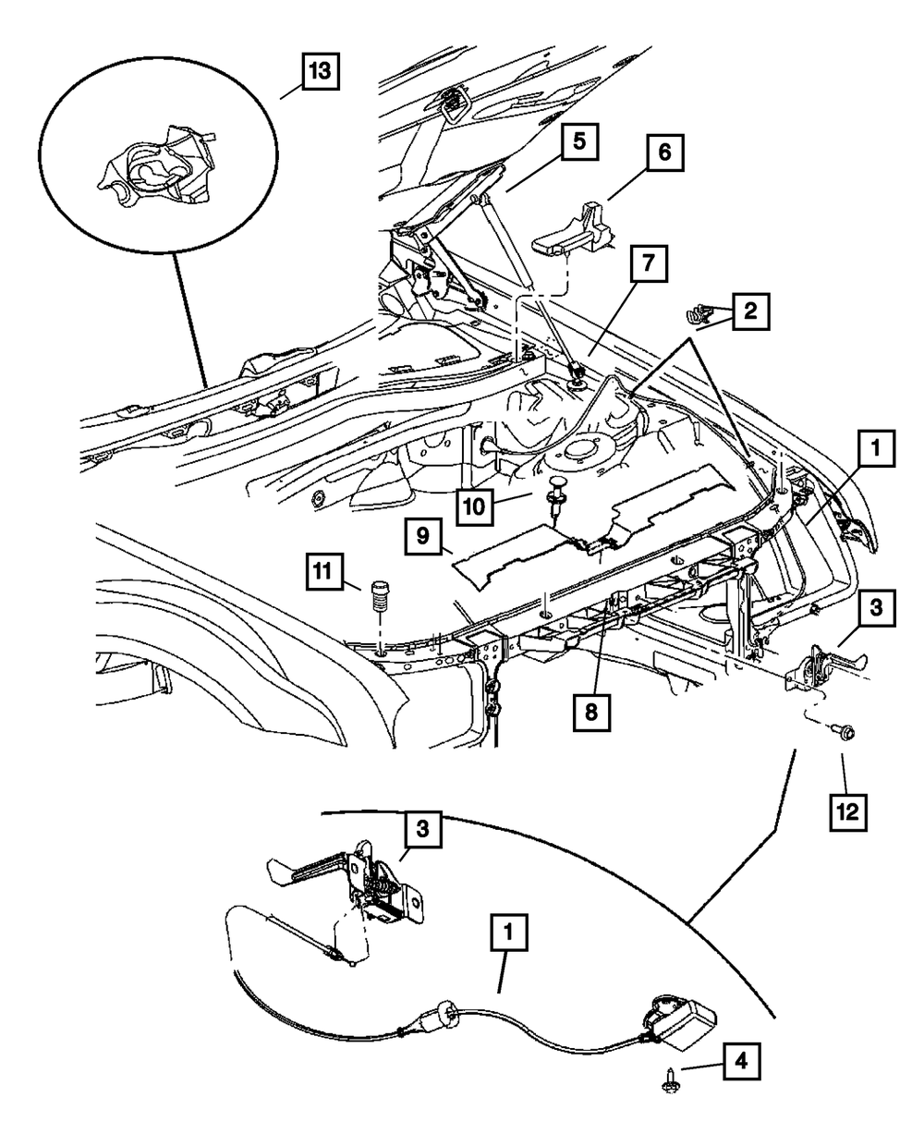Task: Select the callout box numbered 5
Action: [x=577, y=144]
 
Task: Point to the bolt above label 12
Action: [x=843, y=732]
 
